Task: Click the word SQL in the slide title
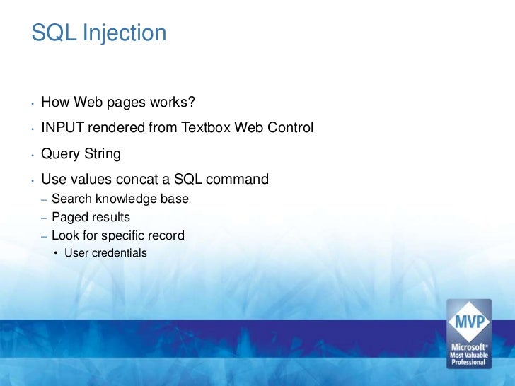click(54, 33)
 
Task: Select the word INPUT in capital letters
click(62, 129)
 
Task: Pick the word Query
click(61, 154)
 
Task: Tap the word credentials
click(118, 253)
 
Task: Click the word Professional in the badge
click(468, 363)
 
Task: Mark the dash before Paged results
click(44, 218)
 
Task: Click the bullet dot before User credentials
click(57, 253)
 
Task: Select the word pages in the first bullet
click(129, 103)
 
